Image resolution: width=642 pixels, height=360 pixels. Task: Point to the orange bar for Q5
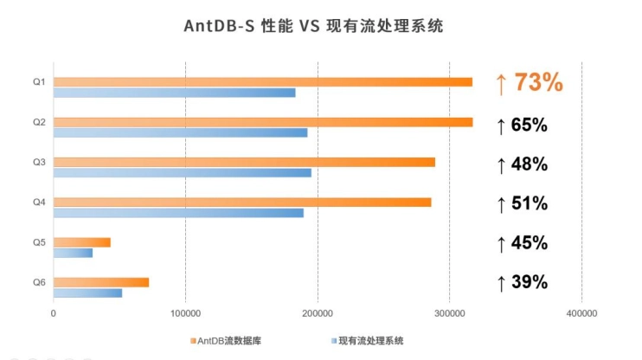point(82,242)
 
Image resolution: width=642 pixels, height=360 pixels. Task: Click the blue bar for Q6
point(87,292)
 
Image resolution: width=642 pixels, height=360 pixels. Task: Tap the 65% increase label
point(529,125)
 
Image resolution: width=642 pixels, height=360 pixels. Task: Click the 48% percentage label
point(529,164)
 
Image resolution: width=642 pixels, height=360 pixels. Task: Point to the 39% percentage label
point(529,282)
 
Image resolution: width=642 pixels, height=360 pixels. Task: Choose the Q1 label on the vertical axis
point(39,82)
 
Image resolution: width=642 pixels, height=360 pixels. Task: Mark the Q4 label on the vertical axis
point(39,202)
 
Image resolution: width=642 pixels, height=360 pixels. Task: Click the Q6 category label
point(39,282)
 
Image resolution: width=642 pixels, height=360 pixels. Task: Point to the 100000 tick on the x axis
point(185,312)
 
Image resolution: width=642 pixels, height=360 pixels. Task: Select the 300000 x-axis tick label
point(449,312)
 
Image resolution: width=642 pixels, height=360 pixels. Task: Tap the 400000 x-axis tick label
point(581,312)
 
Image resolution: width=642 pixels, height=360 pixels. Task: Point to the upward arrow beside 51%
point(500,205)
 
